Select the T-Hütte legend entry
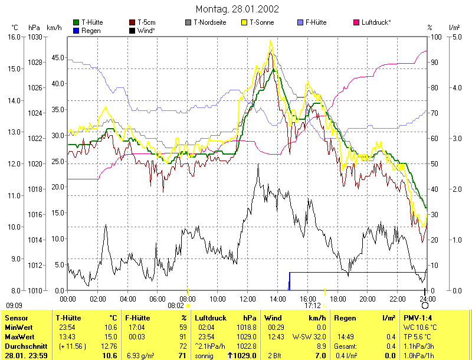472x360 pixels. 90,22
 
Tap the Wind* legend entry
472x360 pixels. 146,30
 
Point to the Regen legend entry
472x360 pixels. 90,30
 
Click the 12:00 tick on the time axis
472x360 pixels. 248,298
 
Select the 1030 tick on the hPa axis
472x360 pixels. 35,37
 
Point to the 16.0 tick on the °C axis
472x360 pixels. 14,37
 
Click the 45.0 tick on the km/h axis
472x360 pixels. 57,58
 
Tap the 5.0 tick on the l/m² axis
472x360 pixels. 455,37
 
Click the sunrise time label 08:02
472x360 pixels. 176,306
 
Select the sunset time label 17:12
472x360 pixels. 313,306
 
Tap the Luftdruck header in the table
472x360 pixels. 210,318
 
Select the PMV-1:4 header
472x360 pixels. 417,318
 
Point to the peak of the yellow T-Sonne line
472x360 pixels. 271,40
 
